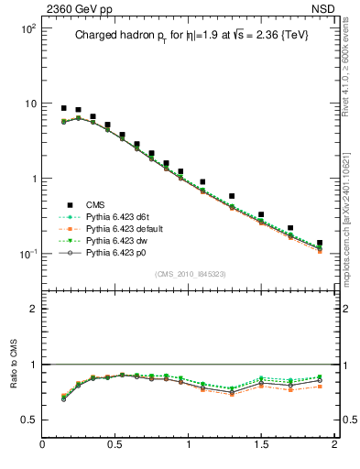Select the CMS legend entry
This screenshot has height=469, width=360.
[96, 204]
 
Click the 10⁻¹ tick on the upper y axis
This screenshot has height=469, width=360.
[27, 254]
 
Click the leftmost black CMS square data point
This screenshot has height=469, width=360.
[64, 108]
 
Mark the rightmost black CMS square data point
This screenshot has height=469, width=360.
[320, 244]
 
